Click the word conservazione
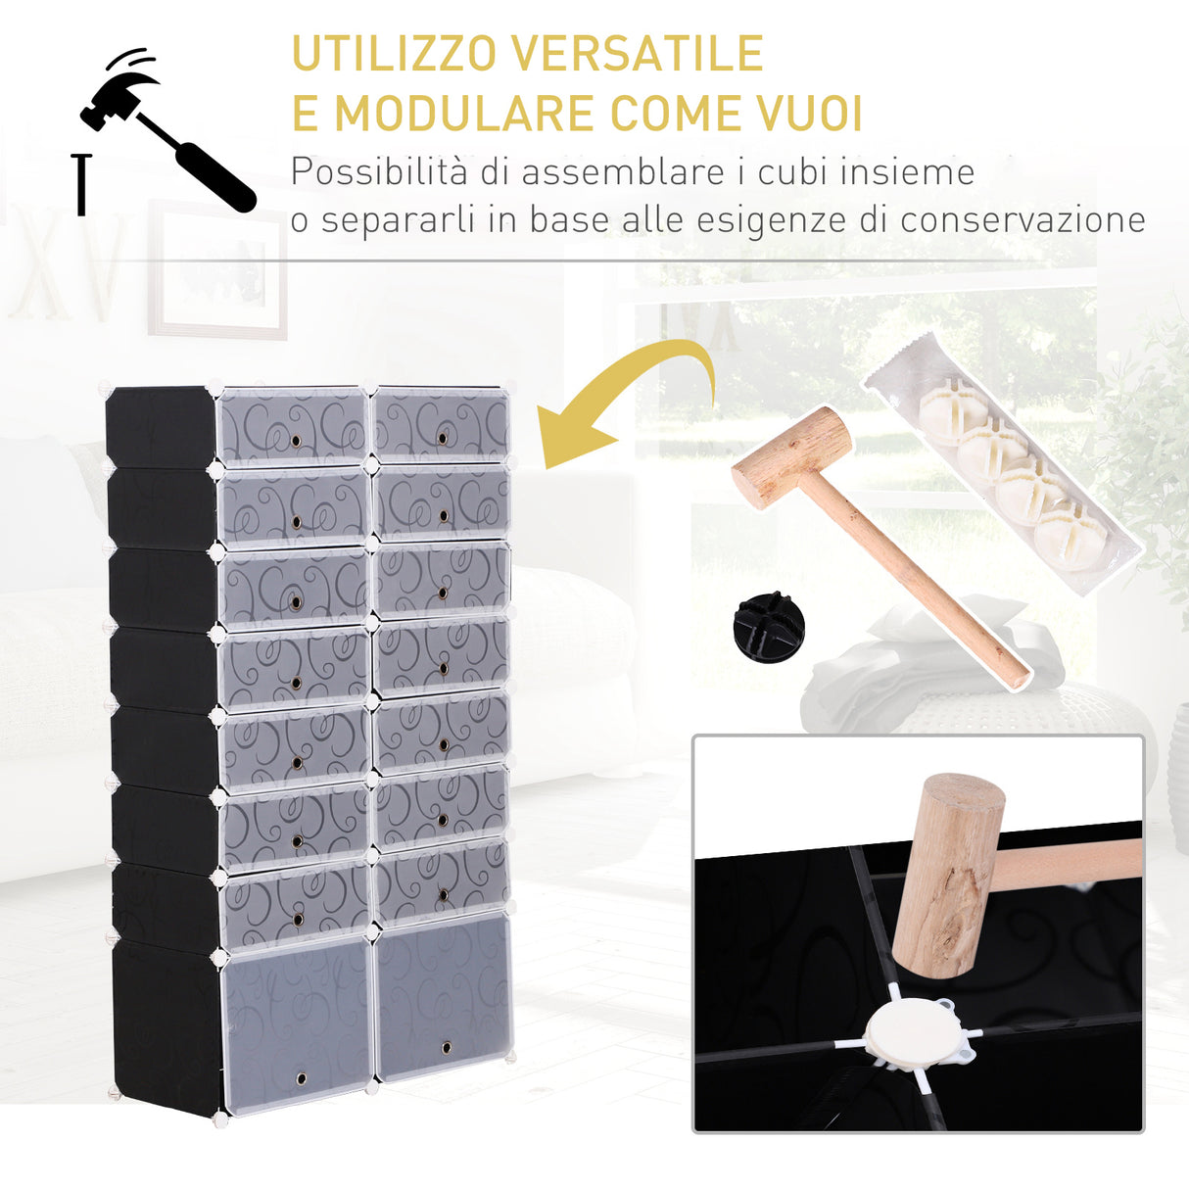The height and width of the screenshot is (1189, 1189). point(1023,219)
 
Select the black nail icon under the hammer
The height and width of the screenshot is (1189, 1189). point(81,183)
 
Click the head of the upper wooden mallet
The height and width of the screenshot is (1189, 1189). point(791,456)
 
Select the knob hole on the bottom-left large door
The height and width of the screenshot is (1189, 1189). point(300,1078)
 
